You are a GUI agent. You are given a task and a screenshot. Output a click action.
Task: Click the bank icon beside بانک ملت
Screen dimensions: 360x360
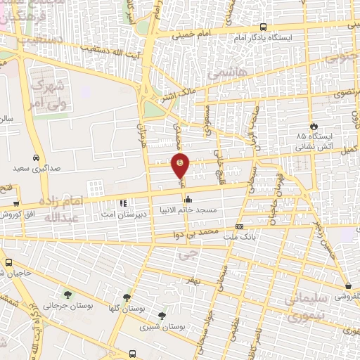tap(240, 226)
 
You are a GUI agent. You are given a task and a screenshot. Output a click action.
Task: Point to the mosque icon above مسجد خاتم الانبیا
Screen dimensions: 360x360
tap(187, 198)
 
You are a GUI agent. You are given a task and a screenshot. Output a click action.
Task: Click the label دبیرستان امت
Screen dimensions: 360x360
tap(141, 211)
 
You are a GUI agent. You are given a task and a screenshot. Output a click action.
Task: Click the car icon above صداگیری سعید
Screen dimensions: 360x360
tap(35, 157)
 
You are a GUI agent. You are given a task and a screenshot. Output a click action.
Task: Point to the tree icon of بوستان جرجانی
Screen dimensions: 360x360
tap(67, 295)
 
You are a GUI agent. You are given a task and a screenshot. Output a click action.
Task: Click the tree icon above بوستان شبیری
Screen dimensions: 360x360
tap(162, 316)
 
